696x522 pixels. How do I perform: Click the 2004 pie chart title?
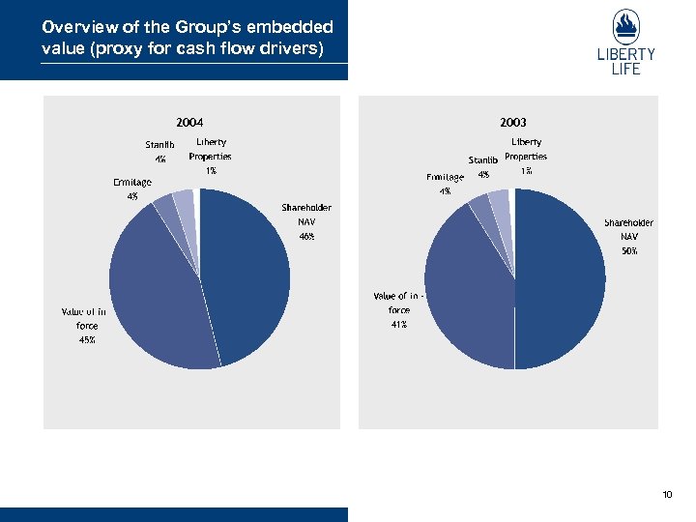[x=189, y=123]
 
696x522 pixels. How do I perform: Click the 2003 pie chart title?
[x=513, y=123]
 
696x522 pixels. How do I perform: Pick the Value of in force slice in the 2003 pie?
[x=469, y=290]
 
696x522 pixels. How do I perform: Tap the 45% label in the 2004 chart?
[x=87, y=340]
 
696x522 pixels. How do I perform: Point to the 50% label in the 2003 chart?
[x=629, y=250]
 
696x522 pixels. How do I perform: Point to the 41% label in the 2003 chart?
[x=398, y=325]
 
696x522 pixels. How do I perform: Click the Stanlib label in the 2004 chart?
[x=160, y=146]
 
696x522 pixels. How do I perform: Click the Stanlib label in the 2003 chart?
[x=483, y=160]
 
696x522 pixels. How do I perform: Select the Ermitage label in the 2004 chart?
[x=131, y=182]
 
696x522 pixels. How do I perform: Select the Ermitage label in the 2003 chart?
[x=445, y=178]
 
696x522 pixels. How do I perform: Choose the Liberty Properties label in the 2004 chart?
[x=210, y=149]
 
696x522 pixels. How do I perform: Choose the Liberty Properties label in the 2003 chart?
[x=526, y=149]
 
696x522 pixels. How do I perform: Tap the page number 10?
[x=667, y=495]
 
